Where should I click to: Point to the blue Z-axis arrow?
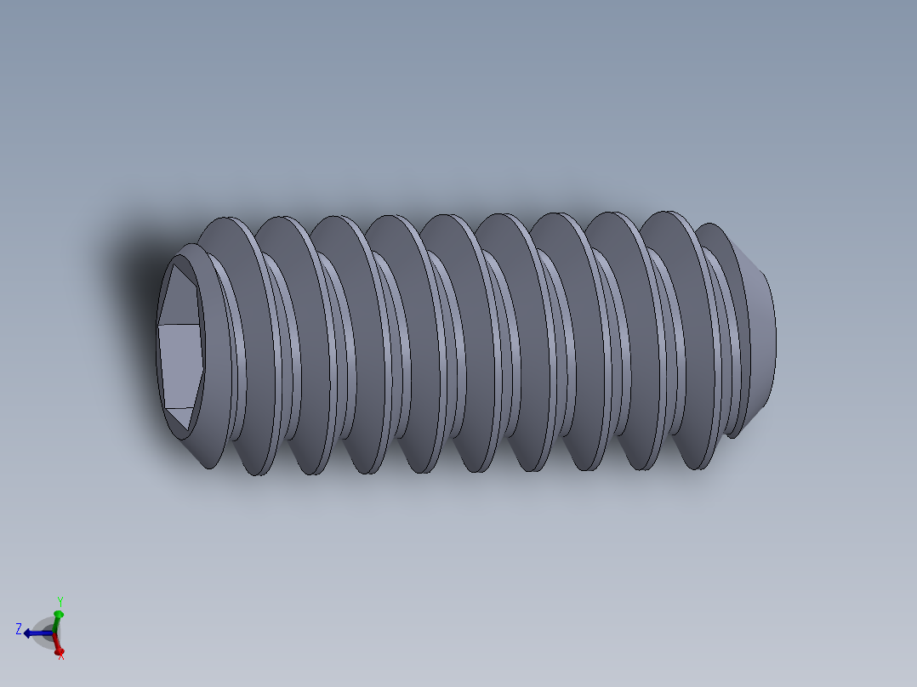[34, 633]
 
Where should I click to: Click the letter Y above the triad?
[60, 601]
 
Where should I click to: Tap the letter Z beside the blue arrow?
[18, 628]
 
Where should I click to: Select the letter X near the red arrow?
[61, 655]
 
